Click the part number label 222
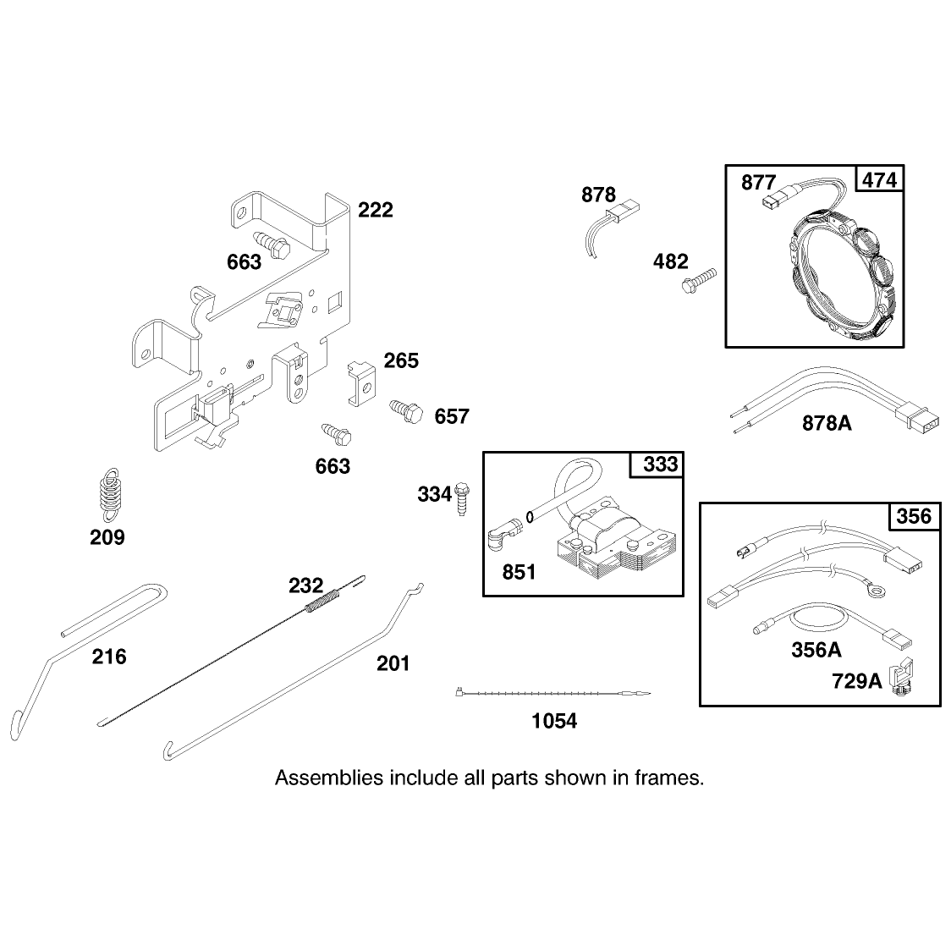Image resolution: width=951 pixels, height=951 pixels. [376, 210]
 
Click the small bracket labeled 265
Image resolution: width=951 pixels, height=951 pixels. [362, 383]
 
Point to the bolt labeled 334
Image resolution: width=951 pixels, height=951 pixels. [462, 497]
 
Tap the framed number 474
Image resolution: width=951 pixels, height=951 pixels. [879, 180]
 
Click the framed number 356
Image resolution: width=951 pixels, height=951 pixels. [914, 516]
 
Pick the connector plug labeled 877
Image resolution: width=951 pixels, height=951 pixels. [772, 198]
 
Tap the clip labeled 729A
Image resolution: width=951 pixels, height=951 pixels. [901, 676]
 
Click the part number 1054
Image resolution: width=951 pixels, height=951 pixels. [553, 721]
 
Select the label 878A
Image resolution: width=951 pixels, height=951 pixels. [827, 423]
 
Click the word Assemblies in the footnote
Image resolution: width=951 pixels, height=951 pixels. [329, 778]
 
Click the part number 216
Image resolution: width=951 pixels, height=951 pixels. [109, 657]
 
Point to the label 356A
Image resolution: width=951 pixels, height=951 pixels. [816, 650]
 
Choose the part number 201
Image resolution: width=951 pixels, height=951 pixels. [393, 663]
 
